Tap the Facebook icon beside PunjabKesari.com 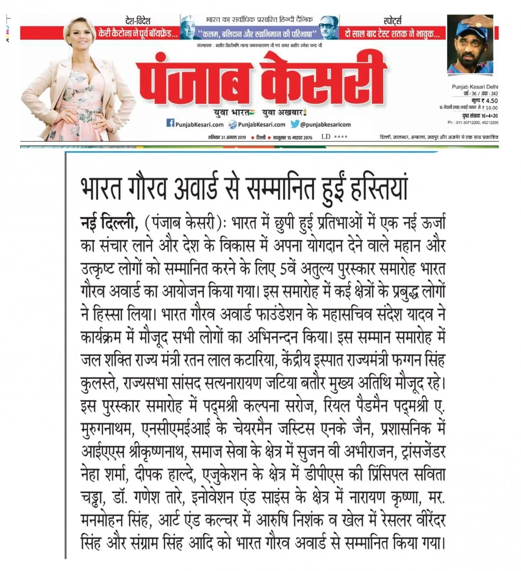[170, 124]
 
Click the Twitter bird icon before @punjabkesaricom [295, 124]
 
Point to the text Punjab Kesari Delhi [475, 87]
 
